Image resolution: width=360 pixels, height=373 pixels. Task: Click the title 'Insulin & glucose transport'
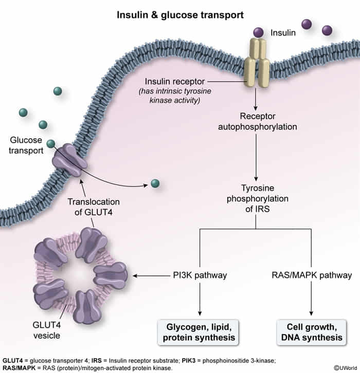179,15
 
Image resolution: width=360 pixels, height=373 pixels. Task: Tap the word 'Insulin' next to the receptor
283,33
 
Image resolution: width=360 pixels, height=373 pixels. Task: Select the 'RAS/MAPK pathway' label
312,275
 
